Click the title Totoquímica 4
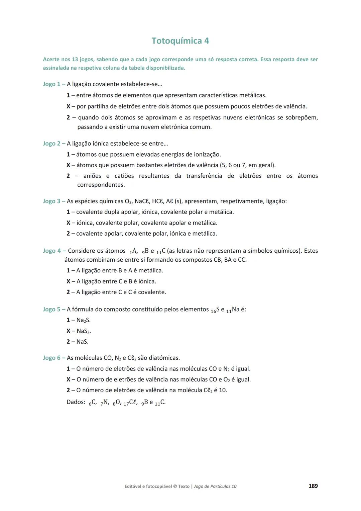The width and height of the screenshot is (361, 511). click(x=180, y=41)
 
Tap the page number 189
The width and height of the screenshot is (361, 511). click(x=313, y=486)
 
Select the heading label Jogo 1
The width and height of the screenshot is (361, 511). click(x=51, y=84)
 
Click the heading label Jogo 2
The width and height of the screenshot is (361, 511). click(x=51, y=144)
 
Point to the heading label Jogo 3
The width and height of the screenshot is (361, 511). click(x=51, y=201)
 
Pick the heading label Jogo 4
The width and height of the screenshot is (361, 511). click(x=52, y=251)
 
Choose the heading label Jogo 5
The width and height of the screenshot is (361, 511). click(x=51, y=309)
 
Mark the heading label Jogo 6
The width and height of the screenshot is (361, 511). click(x=51, y=358)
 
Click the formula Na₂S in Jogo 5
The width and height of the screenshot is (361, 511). click(x=83, y=320)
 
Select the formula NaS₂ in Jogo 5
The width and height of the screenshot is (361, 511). click(x=84, y=331)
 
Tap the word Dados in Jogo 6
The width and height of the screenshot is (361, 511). click(x=76, y=402)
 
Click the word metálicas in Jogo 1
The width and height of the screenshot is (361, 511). click(x=252, y=95)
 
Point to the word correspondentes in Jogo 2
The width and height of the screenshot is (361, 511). click(x=101, y=185)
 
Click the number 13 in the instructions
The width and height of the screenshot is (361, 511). click(x=75, y=59)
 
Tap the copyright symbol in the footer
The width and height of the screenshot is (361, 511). click(x=175, y=486)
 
